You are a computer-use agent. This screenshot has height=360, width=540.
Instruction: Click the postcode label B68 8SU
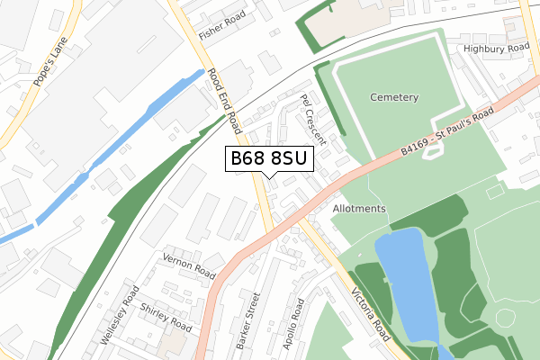[x=269, y=159]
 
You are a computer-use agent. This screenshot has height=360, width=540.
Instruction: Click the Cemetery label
[x=393, y=97]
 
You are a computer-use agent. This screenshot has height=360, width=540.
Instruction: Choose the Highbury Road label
[x=496, y=48]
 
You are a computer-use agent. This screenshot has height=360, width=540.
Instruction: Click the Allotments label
[x=358, y=209]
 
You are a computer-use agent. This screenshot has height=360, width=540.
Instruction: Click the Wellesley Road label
[x=121, y=314]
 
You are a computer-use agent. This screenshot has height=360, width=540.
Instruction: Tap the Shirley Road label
[x=166, y=314]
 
